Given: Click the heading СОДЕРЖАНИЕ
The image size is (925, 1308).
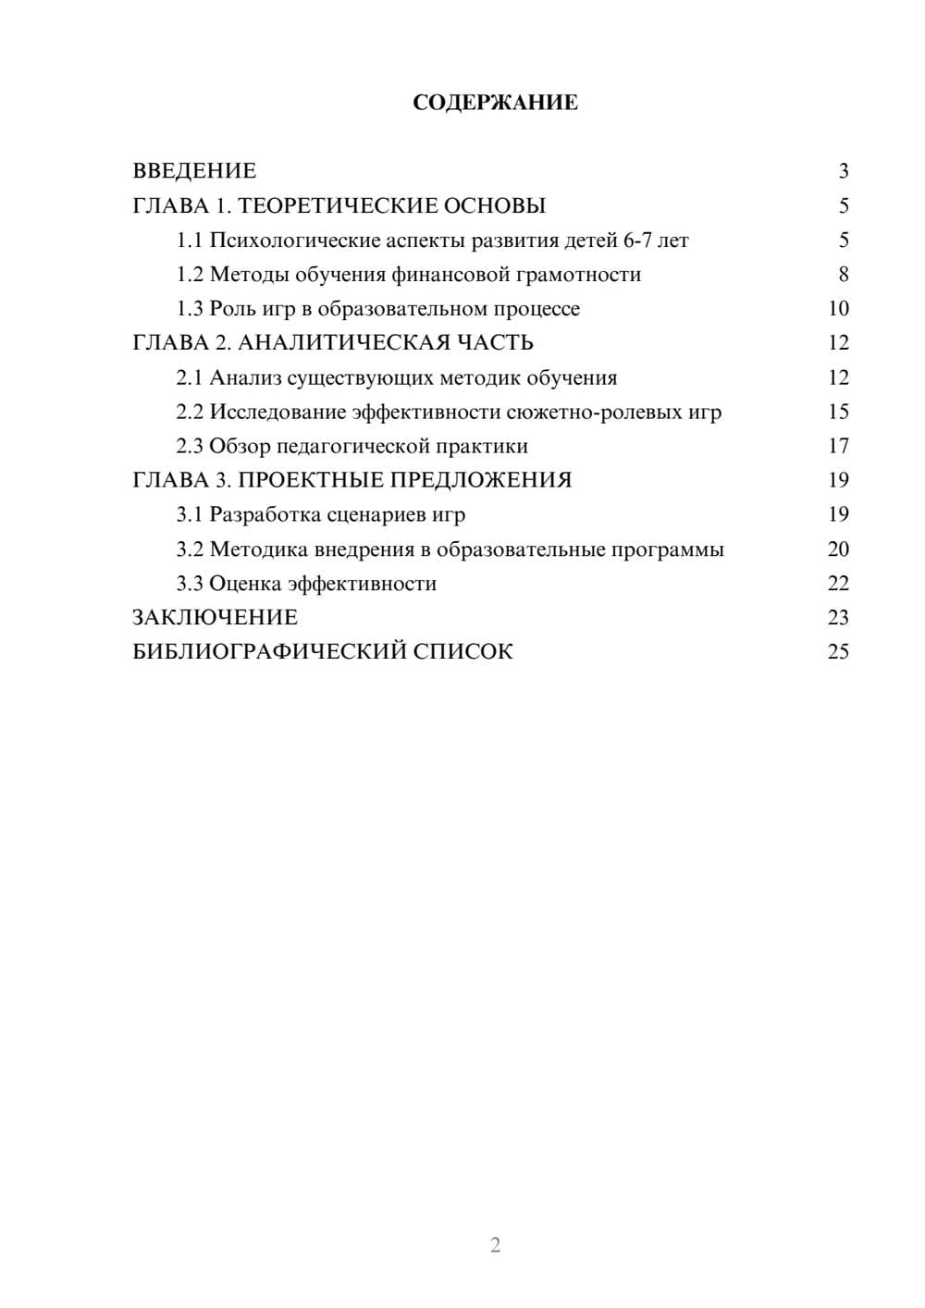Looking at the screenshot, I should click(495, 103).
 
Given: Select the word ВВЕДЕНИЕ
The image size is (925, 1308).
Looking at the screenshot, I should click(194, 171).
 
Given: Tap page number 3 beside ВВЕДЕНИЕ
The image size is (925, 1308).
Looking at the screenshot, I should click(843, 171).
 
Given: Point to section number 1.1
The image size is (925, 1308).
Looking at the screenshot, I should click(190, 241).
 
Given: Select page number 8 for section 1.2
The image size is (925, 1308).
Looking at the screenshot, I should click(843, 275).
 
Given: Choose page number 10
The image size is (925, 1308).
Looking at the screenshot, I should click(838, 309).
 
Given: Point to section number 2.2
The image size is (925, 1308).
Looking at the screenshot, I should click(190, 412).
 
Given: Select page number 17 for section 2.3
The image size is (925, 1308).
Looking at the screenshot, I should click(838, 446).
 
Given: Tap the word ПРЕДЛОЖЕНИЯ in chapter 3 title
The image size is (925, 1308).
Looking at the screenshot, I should click(481, 480).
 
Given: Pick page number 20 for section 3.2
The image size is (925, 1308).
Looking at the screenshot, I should click(838, 549).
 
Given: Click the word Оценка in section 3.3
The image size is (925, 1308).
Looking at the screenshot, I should click(245, 584).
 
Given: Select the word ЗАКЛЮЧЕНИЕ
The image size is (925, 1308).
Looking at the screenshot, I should click(216, 618).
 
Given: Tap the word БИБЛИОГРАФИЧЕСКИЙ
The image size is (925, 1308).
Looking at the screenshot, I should click(269, 652).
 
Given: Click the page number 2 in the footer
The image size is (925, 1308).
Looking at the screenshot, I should click(495, 1245).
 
